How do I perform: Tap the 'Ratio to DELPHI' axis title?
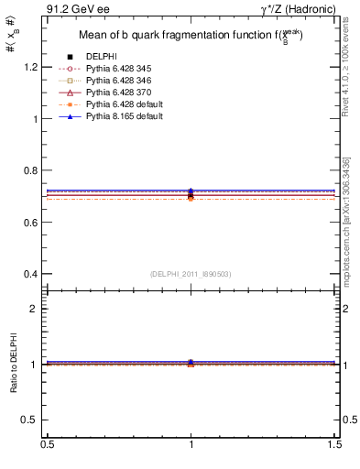pyautogui.click(x=13, y=365)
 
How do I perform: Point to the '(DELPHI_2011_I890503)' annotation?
pyautogui.click(x=191, y=274)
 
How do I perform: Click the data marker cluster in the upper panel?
pyautogui.click(x=191, y=194)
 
